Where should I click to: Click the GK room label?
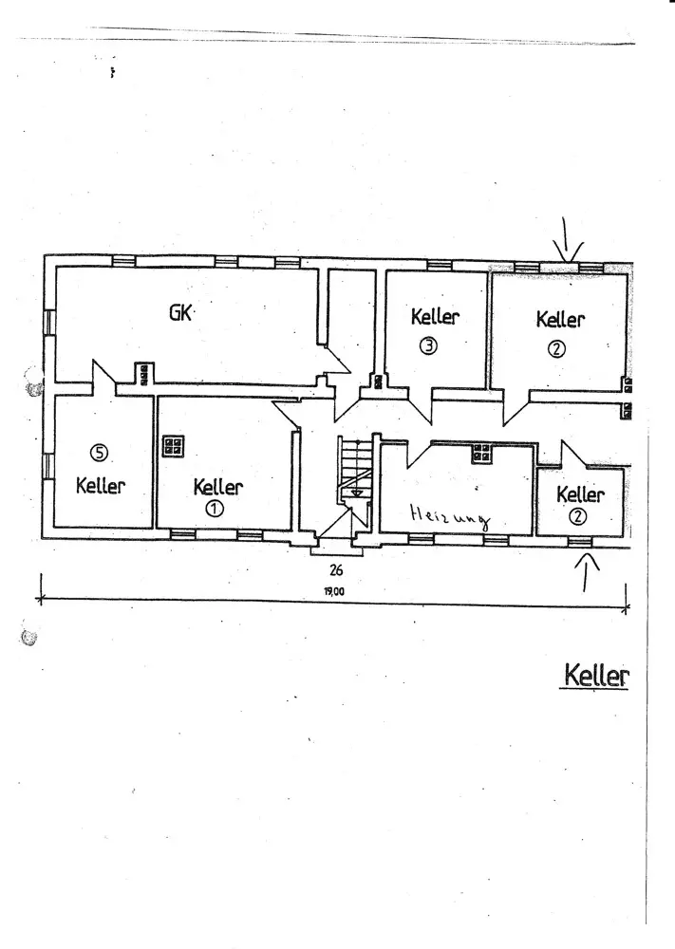(x=180, y=313)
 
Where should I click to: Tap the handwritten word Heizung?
(x=450, y=518)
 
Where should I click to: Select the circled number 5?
(x=98, y=452)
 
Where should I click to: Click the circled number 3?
(x=428, y=346)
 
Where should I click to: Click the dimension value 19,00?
(x=333, y=591)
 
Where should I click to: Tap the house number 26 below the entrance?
(x=336, y=569)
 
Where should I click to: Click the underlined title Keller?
(x=596, y=675)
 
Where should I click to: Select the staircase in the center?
(x=354, y=469)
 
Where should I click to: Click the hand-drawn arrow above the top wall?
(x=567, y=240)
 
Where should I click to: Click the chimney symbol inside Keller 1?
(x=173, y=447)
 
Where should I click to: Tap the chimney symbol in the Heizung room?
(x=482, y=453)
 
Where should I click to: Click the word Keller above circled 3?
(x=435, y=317)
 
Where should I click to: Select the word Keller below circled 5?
(x=101, y=485)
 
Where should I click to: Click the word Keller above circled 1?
(x=218, y=487)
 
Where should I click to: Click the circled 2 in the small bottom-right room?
(x=579, y=516)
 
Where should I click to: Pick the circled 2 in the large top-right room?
(x=556, y=348)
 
